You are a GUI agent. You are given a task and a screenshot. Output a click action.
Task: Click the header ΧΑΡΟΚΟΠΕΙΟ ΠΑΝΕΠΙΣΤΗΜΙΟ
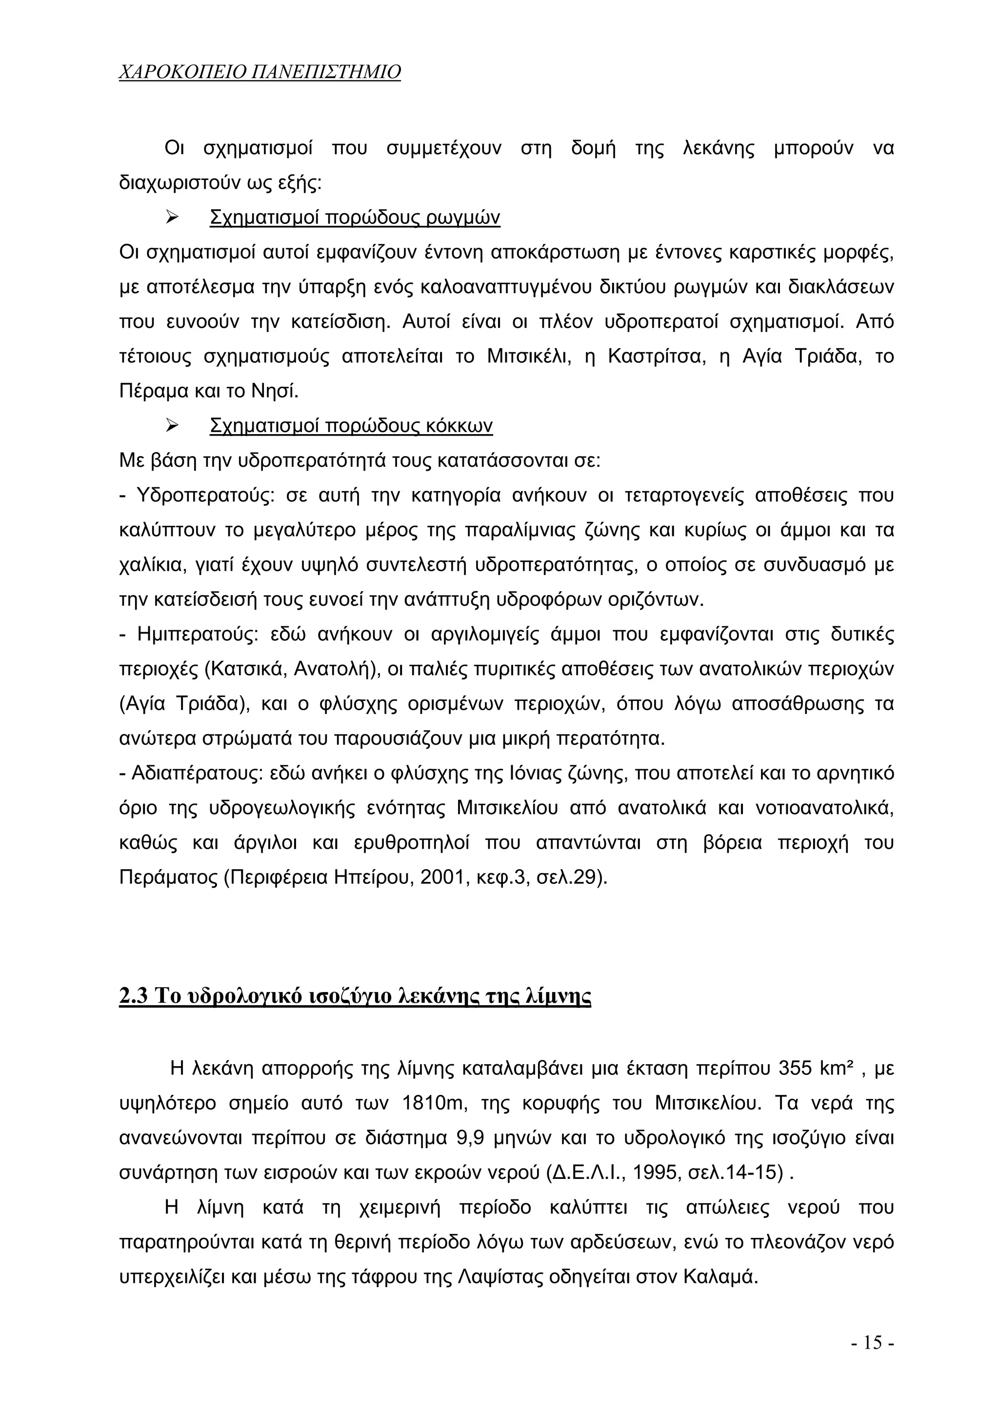259,73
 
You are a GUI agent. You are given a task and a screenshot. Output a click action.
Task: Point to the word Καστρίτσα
656,357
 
